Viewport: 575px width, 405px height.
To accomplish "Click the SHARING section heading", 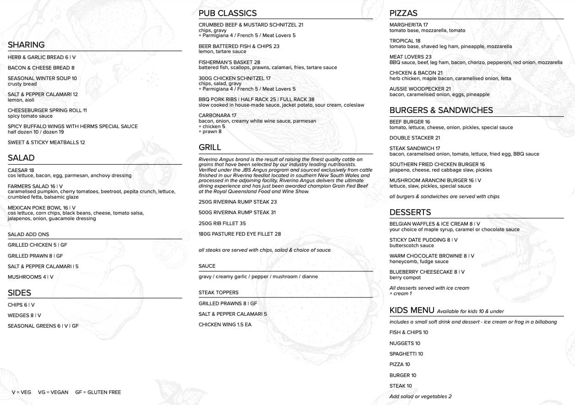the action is [26, 45].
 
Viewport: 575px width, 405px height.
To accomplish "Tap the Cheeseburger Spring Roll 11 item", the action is [47, 110].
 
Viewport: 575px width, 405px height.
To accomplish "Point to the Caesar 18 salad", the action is [21, 170].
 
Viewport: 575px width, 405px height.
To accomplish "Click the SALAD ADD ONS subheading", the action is [28, 234].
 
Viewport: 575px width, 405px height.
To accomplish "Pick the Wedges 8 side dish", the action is [24, 315].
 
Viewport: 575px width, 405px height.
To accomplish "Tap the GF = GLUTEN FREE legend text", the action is [98, 392].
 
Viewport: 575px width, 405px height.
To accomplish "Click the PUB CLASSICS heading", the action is [228, 13].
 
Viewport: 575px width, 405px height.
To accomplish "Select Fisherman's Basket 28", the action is [229, 62].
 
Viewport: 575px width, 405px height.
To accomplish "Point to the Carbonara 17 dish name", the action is [217, 115].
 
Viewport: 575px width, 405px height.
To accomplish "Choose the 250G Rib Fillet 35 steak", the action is [222, 223].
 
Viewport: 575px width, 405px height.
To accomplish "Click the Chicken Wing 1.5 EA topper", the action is [225, 324].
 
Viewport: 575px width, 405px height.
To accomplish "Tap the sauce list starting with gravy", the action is [258, 276].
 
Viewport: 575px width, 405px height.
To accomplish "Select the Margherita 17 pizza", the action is [408, 25].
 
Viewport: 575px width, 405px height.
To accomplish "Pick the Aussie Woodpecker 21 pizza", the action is [420, 89].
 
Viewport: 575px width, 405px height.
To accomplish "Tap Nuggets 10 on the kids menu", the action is [405, 343].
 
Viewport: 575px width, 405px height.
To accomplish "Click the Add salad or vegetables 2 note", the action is [420, 396].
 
